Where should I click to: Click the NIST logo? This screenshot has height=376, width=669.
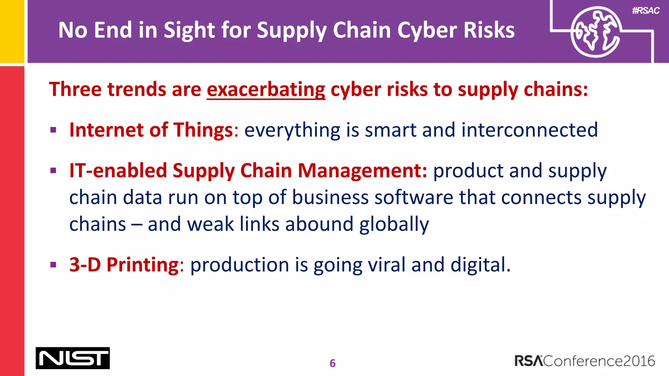pyautogui.click(x=73, y=358)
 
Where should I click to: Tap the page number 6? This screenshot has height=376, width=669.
pyautogui.click(x=333, y=363)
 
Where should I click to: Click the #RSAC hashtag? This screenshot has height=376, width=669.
pyautogui.click(x=645, y=11)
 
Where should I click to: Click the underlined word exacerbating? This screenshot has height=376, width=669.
pyautogui.click(x=266, y=89)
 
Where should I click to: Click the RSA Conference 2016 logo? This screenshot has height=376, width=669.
pyautogui.click(x=584, y=361)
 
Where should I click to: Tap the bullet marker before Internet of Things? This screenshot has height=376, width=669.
pyautogui.click(x=54, y=130)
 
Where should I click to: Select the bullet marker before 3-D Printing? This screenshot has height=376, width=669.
pyautogui.click(x=54, y=265)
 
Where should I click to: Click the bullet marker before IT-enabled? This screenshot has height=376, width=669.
pyautogui.click(x=54, y=171)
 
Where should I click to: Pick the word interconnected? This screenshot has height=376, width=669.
pyautogui.click(x=530, y=130)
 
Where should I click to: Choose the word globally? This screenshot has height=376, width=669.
pyautogui.click(x=394, y=224)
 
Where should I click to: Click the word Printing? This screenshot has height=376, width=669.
pyautogui.click(x=142, y=264)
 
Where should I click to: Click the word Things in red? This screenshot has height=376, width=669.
pyautogui.click(x=203, y=130)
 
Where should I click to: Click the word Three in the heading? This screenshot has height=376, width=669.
pyautogui.click(x=75, y=89)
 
